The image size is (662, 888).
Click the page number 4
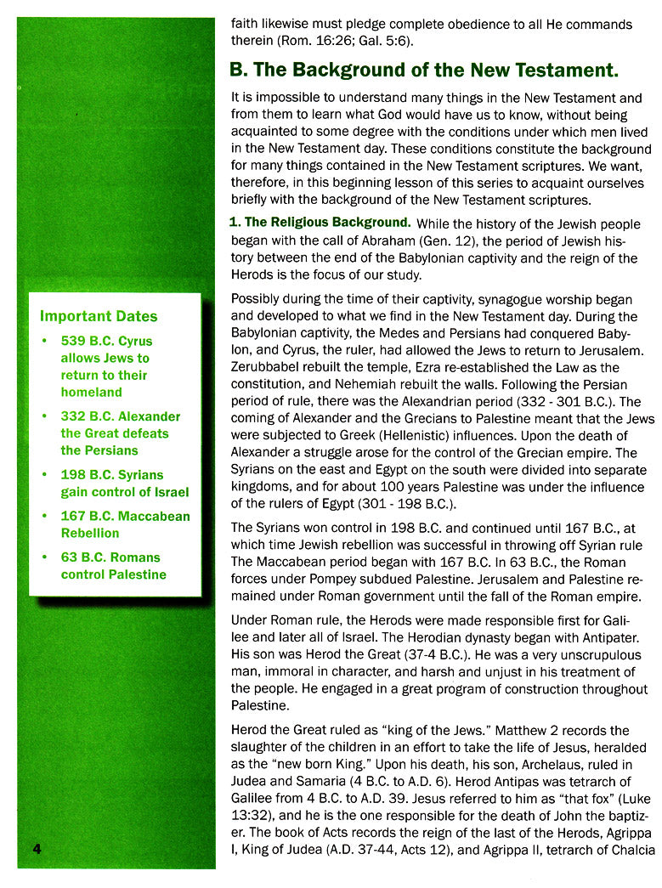click(x=37, y=851)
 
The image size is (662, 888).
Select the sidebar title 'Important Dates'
click(x=99, y=316)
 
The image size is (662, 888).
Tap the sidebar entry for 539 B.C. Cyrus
click(x=105, y=366)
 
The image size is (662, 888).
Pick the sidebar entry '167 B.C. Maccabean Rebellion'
click(x=125, y=524)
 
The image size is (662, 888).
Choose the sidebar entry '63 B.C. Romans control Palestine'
click(x=113, y=566)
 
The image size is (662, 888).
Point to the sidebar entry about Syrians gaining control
click(x=124, y=483)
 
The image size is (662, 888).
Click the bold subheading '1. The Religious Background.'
click(x=320, y=223)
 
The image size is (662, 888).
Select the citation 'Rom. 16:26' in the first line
click(x=311, y=42)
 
